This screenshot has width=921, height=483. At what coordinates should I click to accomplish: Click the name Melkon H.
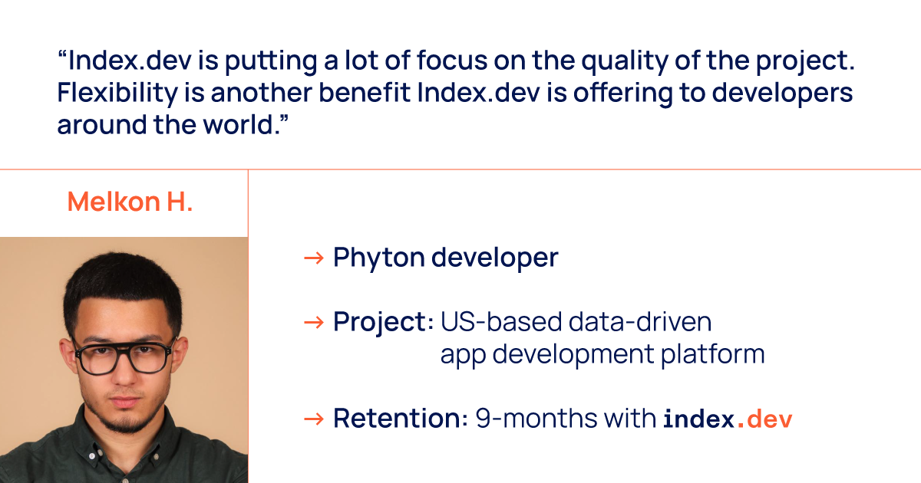(x=130, y=202)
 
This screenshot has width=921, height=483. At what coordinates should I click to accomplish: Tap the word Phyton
(x=378, y=258)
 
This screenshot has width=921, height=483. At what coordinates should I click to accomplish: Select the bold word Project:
(x=383, y=323)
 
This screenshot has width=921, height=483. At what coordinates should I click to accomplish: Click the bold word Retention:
(x=400, y=419)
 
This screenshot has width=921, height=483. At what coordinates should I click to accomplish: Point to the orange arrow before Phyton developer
(x=314, y=258)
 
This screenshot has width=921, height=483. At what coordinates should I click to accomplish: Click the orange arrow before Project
(x=314, y=323)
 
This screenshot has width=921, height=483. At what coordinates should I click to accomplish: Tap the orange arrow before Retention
(x=314, y=419)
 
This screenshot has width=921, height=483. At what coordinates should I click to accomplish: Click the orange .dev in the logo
(x=764, y=419)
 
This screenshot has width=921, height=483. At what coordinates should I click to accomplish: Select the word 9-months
(x=536, y=419)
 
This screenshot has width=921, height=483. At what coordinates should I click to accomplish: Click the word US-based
(x=500, y=321)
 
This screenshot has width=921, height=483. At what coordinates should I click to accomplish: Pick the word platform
(x=712, y=354)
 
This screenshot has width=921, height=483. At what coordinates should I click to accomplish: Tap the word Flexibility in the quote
(x=117, y=94)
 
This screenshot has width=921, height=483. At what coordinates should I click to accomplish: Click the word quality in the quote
(x=625, y=61)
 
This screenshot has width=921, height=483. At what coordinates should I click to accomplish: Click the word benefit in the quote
(x=365, y=92)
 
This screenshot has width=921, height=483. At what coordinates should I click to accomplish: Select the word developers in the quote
(x=782, y=94)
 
